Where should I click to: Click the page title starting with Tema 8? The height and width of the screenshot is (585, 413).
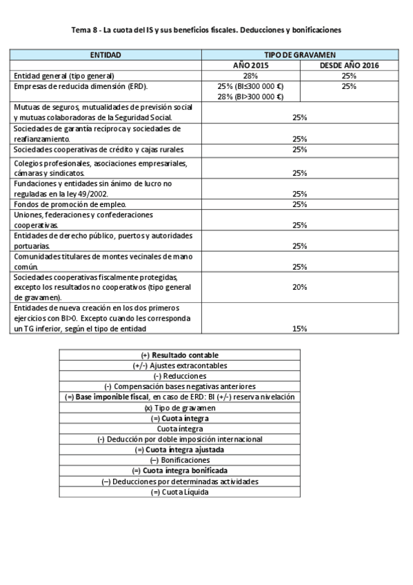click(206, 30)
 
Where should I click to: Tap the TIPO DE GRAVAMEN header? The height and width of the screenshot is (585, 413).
click(299, 54)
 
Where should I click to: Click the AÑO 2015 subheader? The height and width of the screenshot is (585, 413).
click(250, 65)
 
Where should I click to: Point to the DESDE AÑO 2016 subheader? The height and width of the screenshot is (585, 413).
click(348, 65)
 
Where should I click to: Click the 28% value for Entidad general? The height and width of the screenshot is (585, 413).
click(250, 75)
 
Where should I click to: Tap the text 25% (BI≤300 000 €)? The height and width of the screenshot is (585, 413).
click(251, 86)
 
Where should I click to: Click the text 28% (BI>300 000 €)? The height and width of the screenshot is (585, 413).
click(251, 97)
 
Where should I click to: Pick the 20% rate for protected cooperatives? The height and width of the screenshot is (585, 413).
click(299, 287)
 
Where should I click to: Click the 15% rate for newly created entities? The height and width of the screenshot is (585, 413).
click(299, 328)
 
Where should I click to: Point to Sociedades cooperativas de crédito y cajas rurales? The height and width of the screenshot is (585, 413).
click(98, 149)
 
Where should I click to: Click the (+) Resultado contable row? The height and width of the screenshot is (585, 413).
click(179, 355)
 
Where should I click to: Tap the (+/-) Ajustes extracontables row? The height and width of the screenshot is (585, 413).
click(179, 365)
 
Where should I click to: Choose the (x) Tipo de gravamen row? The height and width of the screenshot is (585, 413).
click(179, 408)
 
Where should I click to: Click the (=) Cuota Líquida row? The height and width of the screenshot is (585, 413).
click(179, 492)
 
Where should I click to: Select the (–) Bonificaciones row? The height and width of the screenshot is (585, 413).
click(179, 460)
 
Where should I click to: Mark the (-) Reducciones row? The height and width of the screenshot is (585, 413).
click(179, 376)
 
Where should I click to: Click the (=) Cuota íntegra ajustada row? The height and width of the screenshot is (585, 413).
click(179, 450)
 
